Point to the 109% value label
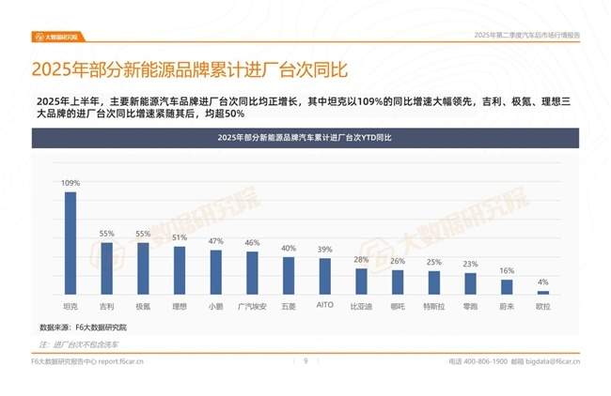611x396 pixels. [x=70, y=184]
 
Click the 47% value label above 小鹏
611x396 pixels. [x=216, y=241]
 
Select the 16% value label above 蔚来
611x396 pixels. [x=507, y=270]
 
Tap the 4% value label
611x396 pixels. [x=543, y=282]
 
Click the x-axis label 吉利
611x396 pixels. [x=106, y=306]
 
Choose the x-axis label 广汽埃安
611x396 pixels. [x=252, y=306]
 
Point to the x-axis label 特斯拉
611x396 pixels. [x=434, y=306]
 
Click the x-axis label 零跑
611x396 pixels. [x=470, y=306]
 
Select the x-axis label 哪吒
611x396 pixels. [x=398, y=306]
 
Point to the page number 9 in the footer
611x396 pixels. [x=305, y=360]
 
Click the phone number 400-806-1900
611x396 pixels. [x=486, y=360]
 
